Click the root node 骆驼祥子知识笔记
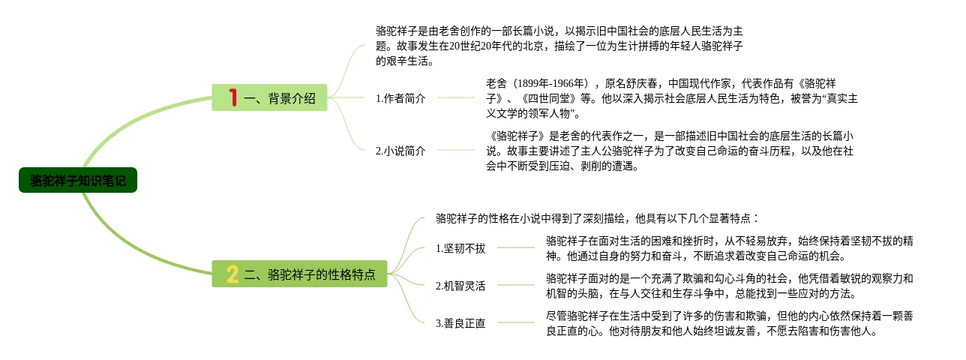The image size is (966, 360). pyautogui.click(x=78, y=181)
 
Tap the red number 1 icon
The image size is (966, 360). pyautogui.click(x=232, y=97)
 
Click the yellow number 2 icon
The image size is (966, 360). pyautogui.click(x=232, y=274)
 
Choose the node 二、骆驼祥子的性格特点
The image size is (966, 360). pyautogui.click(x=309, y=274)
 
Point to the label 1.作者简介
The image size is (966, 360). pyautogui.click(x=400, y=98)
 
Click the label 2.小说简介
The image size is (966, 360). pyautogui.click(x=400, y=151)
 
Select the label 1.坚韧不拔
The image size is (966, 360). pyautogui.click(x=460, y=248)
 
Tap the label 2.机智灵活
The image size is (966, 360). pyautogui.click(x=460, y=286)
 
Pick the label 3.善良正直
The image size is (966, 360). pyautogui.click(x=460, y=323)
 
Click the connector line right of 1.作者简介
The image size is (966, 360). pyautogui.click(x=455, y=97)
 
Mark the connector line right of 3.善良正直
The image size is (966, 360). pyautogui.click(x=515, y=322)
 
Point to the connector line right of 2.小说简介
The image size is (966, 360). pyautogui.click(x=455, y=150)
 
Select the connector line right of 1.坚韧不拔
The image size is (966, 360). pyautogui.click(x=515, y=247)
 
